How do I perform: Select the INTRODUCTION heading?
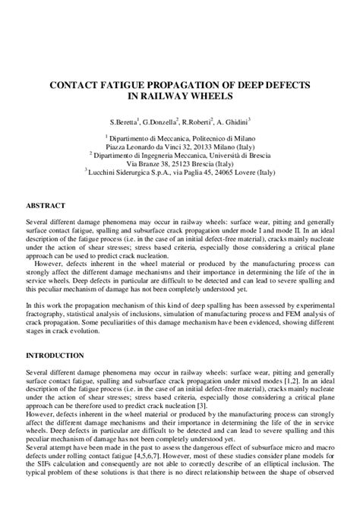[x=55, y=356]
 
